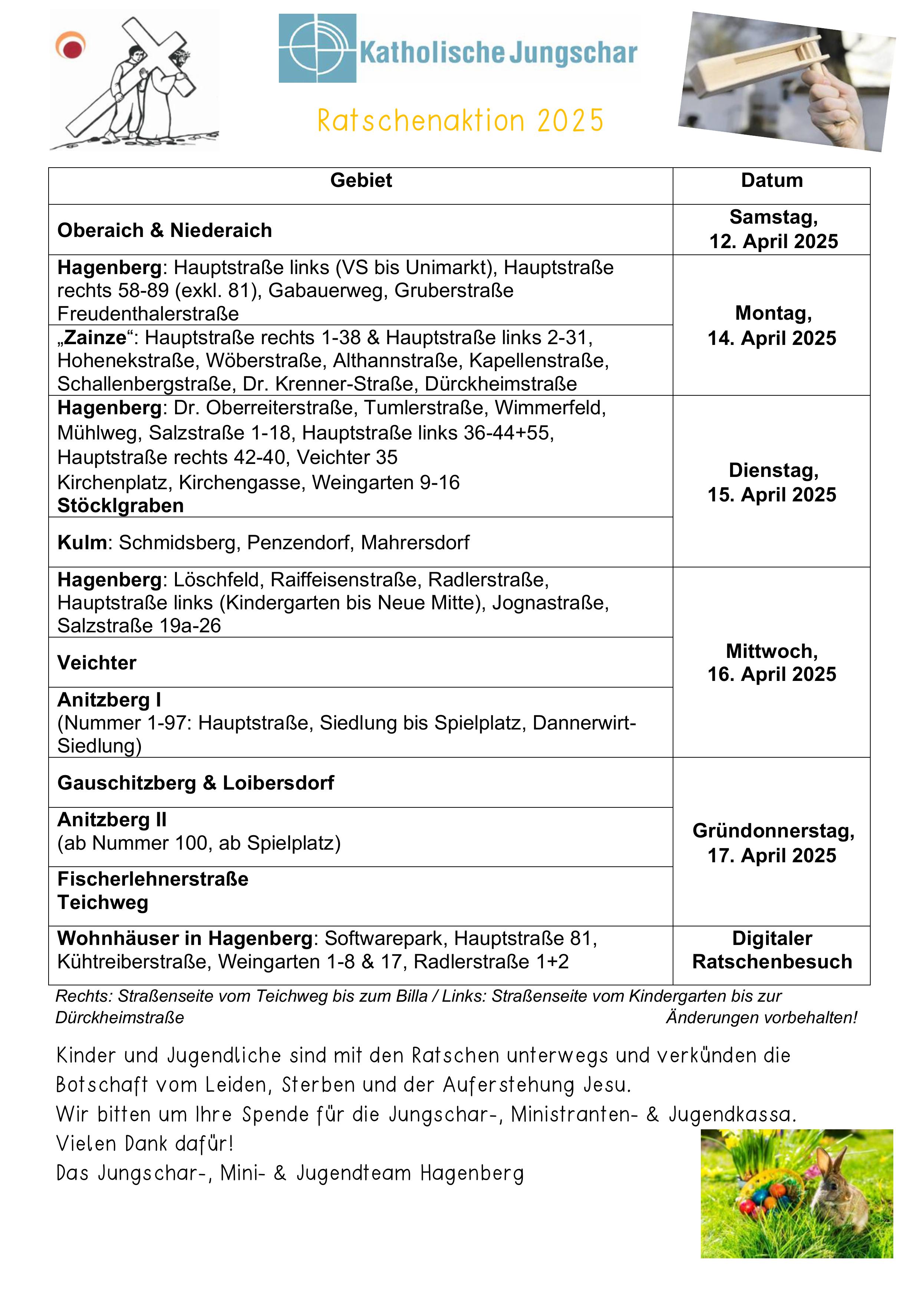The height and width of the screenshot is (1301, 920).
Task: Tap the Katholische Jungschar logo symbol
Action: (x=317, y=49)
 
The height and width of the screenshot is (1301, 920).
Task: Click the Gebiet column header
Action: (x=361, y=180)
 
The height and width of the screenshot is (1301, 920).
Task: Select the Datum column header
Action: (x=772, y=180)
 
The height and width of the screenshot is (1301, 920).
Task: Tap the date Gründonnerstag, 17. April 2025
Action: (x=773, y=843)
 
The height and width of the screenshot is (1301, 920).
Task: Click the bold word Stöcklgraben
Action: (x=121, y=505)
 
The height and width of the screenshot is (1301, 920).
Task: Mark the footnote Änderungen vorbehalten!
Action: (x=761, y=1017)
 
